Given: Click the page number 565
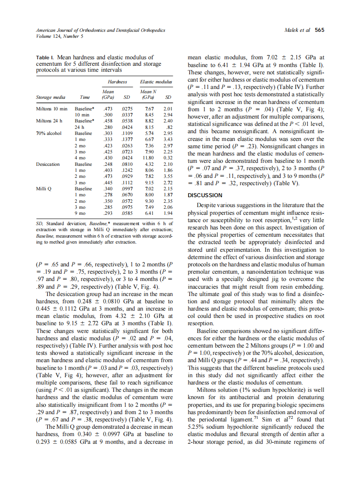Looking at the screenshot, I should tap(319, 30).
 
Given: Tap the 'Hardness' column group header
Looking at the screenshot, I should tap(117, 82).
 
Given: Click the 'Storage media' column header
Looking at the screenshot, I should tap(49, 97).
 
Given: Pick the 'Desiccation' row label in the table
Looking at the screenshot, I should tap(48, 164).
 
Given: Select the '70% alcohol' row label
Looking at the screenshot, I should tap(49, 134).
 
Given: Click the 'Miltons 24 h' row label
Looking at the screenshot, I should tap(49, 121).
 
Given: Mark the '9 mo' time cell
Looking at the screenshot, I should tap(80, 213).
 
